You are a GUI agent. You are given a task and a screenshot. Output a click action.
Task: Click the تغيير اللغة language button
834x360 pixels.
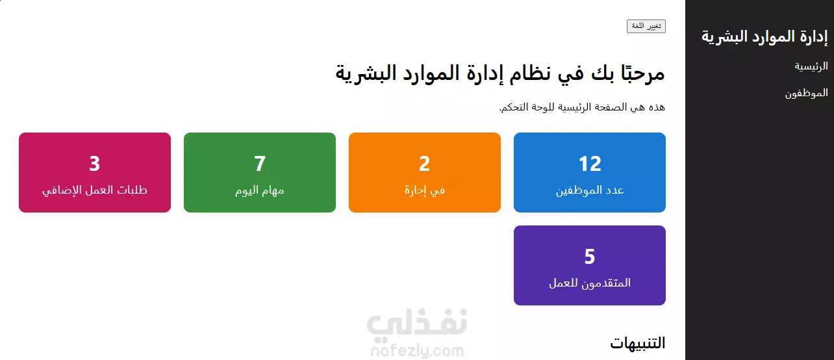coord(646,26)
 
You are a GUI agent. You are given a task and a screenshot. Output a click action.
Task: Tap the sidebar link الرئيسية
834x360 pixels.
coord(811,66)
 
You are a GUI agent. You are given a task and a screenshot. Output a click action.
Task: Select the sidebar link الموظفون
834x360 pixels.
coord(807,93)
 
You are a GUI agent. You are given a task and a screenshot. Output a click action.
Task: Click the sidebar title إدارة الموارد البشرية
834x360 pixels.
coord(764,36)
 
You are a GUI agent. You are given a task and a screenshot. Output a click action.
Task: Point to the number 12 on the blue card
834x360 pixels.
coord(590,164)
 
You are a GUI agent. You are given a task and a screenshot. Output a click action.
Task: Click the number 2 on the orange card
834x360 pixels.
coord(424,164)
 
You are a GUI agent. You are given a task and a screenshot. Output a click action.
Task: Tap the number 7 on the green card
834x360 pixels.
coord(260,164)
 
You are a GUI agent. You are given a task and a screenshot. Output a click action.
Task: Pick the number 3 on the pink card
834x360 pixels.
coord(95,164)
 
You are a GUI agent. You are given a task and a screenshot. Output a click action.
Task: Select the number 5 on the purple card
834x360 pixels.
coord(590,257)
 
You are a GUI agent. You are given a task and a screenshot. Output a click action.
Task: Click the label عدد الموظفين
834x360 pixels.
coord(590,190)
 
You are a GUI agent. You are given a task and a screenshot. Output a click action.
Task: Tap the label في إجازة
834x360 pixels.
coord(424,190)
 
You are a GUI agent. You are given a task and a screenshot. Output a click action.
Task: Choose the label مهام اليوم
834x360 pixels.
coord(260,190)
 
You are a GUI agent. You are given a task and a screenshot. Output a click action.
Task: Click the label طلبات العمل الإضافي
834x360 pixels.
coord(95,190)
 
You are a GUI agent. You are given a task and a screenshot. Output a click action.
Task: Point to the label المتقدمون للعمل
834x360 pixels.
coord(590,283)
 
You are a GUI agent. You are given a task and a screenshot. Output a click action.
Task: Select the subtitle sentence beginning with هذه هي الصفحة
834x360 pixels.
coord(582,107)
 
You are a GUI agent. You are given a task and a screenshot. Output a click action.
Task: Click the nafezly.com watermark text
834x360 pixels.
coord(417,351)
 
